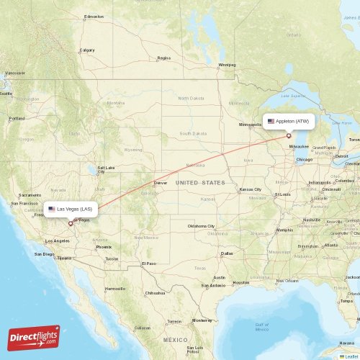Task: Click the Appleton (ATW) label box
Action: [288, 121]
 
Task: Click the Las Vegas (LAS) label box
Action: [70, 209]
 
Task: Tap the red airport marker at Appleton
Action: [289, 135]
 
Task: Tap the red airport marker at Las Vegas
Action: [71, 223]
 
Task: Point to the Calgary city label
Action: [87, 50]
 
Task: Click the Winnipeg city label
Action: [227, 64]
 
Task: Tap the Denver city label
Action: [160, 183]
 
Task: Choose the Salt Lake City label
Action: [105, 169]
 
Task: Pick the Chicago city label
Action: [303, 159]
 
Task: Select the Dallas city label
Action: [228, 253]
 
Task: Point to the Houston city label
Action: [240, 282]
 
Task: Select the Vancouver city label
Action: [14, 73]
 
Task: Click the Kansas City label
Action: [250, 189]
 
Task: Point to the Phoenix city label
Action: [104, 246]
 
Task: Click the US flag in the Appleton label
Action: [271, 121]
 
